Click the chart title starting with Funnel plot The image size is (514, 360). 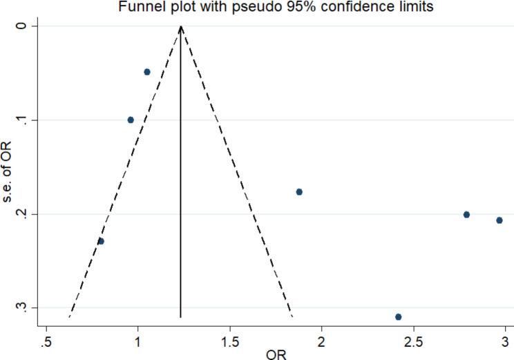tap(257, 6)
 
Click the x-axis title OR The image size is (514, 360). tap(275, 354)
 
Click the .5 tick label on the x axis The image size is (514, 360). tap(46, 341)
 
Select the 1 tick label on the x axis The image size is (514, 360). tap(137, 341)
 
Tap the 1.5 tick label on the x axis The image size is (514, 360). tap(229, 341)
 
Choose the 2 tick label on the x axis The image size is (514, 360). tap(321, 341)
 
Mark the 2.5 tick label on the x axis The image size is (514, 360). tap(413, 341)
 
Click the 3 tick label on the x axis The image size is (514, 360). tap(504, 341)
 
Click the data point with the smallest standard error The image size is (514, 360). tap(147, 72)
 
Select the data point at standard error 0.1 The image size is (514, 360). tap(131, 120)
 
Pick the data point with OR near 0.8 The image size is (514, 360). tap(101, 241)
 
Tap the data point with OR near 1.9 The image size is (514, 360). tap(299, 191)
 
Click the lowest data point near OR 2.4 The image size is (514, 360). tap(398, 316)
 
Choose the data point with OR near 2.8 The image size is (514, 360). tap(466, 214)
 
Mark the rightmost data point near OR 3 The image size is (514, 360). tap(499, 220)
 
